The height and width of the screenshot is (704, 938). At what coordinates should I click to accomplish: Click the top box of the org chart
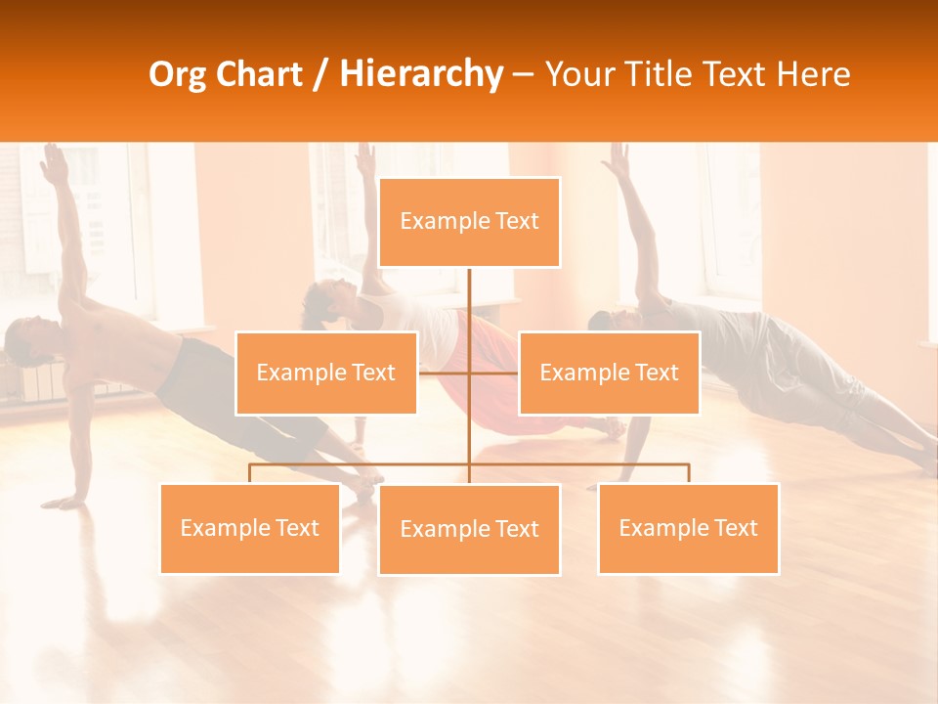(469, 222)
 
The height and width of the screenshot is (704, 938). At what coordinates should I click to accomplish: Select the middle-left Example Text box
(325, 373)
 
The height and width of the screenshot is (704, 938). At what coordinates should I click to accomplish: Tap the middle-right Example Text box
(609, 373)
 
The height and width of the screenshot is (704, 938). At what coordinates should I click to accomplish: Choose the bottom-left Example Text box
(249, 528)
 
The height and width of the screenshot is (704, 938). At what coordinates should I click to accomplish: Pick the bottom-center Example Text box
(469, 529)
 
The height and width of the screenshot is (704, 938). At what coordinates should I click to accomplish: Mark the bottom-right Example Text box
(688, 528)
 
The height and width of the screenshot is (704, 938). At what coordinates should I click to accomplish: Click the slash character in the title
(320, 74)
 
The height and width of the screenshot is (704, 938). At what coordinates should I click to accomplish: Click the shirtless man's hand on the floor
(64, 502)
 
